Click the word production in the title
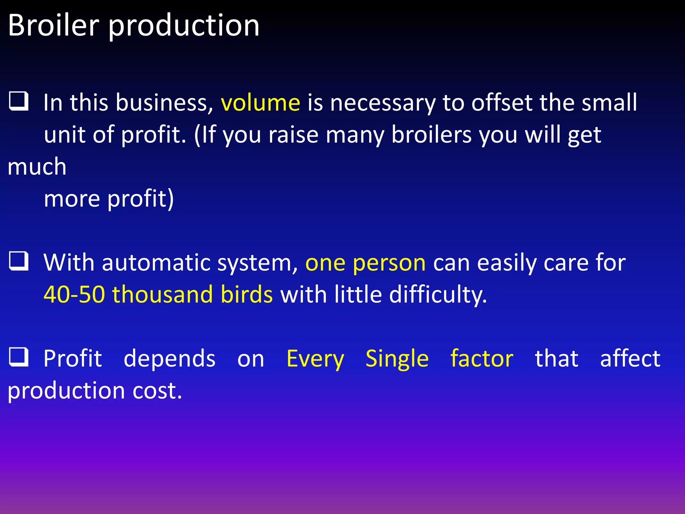184,27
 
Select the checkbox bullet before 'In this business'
18,101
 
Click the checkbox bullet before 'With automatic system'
18,261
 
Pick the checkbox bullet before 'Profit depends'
18,357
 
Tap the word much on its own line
37,166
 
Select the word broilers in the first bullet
431,135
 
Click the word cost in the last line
157,391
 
